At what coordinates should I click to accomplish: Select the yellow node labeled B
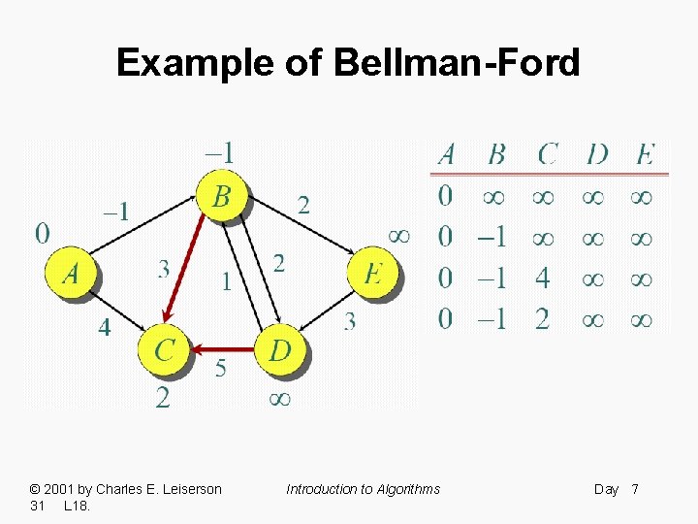click(222, 197)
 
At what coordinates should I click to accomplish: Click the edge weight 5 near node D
click(220, 369)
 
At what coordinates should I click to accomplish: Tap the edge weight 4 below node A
click(104, 328)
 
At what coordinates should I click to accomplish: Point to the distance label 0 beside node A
click(43, 233)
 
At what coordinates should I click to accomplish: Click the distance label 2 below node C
click(163, 398)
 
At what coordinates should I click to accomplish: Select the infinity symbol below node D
click(279, 398)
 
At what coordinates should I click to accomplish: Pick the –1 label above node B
click(219, 153)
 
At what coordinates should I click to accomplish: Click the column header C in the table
click(548, 154)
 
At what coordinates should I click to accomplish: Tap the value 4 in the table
click(542, 278)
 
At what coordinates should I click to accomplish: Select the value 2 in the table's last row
click(542, 319)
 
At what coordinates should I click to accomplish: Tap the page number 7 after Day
click(635, 489)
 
